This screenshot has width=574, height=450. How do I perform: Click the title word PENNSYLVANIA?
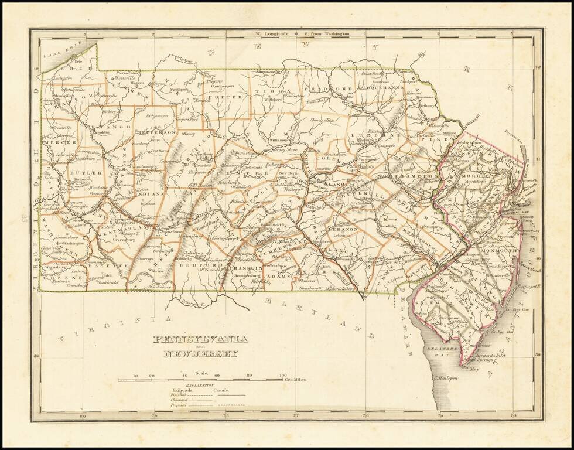tap(200, 339)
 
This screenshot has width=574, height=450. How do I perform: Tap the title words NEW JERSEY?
tap(200, 354)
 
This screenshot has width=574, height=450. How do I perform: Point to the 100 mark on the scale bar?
tap(282, 376)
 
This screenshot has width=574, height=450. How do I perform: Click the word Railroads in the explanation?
tap(182, 390)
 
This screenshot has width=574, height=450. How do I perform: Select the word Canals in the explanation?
tap(221, 390)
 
